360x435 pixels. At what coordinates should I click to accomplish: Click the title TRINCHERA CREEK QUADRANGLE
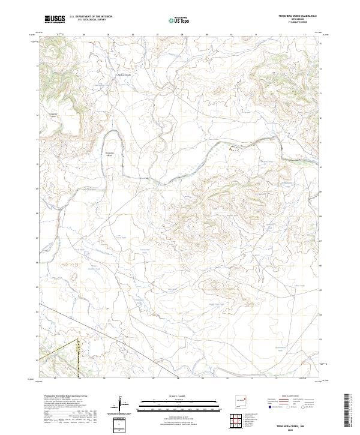pyautogui.click(x=296, y=16)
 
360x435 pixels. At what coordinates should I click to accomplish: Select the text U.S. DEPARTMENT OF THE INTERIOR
pyautogui.click(x=89, y=17)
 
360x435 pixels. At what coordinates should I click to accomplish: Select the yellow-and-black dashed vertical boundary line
pyautogui.click(x=79, y=358)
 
